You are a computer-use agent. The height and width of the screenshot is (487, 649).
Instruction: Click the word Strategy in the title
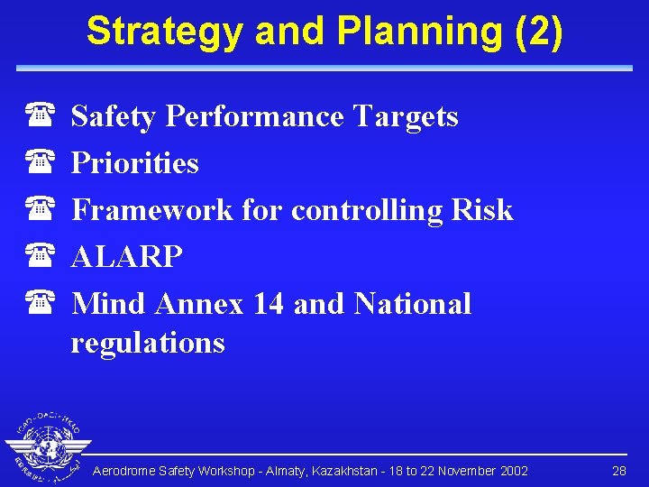165,32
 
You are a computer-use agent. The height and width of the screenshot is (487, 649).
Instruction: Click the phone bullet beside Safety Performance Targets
40,116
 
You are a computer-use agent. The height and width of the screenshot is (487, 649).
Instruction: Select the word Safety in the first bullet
114,116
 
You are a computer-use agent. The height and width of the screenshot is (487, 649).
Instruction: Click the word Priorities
135,163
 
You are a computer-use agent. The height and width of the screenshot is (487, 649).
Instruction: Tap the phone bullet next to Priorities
40,163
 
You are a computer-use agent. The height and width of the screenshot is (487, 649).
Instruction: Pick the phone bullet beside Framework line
40,210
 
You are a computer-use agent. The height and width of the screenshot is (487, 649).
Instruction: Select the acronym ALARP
127,257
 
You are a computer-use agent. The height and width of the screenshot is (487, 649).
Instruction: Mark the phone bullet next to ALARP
40,257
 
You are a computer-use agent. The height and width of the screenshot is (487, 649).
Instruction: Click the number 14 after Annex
269,304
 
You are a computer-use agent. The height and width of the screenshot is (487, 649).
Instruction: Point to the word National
413,304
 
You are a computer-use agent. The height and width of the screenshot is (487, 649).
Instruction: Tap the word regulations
148,343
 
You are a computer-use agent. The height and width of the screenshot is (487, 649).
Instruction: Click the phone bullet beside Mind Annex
40,304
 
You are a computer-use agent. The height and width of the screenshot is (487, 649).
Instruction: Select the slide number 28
619,472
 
